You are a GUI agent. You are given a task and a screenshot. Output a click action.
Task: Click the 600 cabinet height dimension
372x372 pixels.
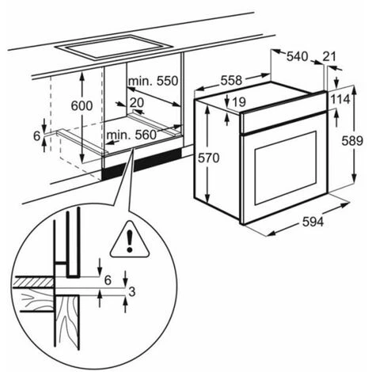tap(82, 106)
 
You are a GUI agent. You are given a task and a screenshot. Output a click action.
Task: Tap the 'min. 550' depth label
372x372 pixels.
tap(153, 81)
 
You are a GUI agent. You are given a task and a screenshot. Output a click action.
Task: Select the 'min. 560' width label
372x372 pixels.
tap(131, 135)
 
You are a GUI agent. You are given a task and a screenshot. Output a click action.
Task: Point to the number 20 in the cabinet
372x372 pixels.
tap(137, 103)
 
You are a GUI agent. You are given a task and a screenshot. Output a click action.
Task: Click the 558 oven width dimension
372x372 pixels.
tap(231, 80)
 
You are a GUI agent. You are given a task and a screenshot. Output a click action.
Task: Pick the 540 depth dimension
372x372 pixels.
tap(297, 56)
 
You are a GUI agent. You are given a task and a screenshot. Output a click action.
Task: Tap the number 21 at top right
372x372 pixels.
tap(329, 56)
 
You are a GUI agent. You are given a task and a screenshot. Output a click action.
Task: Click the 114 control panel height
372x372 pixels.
tap(340, 100)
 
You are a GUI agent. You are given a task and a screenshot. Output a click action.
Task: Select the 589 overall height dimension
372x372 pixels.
tap(352, 141)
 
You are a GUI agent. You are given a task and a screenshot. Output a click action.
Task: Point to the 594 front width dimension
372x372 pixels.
tap(313, 222)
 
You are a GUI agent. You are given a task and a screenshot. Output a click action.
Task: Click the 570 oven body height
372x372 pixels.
tap(209, 158)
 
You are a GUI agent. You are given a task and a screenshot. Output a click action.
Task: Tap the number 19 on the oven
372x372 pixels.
tap(239, 102)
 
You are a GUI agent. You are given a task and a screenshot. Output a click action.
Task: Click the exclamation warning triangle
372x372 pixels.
tap(130, 240)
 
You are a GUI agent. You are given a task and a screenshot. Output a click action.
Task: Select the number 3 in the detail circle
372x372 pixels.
tap(132, 291)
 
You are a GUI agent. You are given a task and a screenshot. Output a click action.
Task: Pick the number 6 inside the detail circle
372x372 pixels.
tap(108, 280)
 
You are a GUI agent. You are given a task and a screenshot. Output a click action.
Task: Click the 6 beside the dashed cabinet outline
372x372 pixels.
tap(36, 136)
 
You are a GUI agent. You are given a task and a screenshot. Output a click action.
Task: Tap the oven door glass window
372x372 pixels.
tap(286, 168)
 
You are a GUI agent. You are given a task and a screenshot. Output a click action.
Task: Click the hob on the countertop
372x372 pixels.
tap(114, 47)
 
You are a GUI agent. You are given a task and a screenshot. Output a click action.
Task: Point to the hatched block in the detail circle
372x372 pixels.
tap(33, 283)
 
